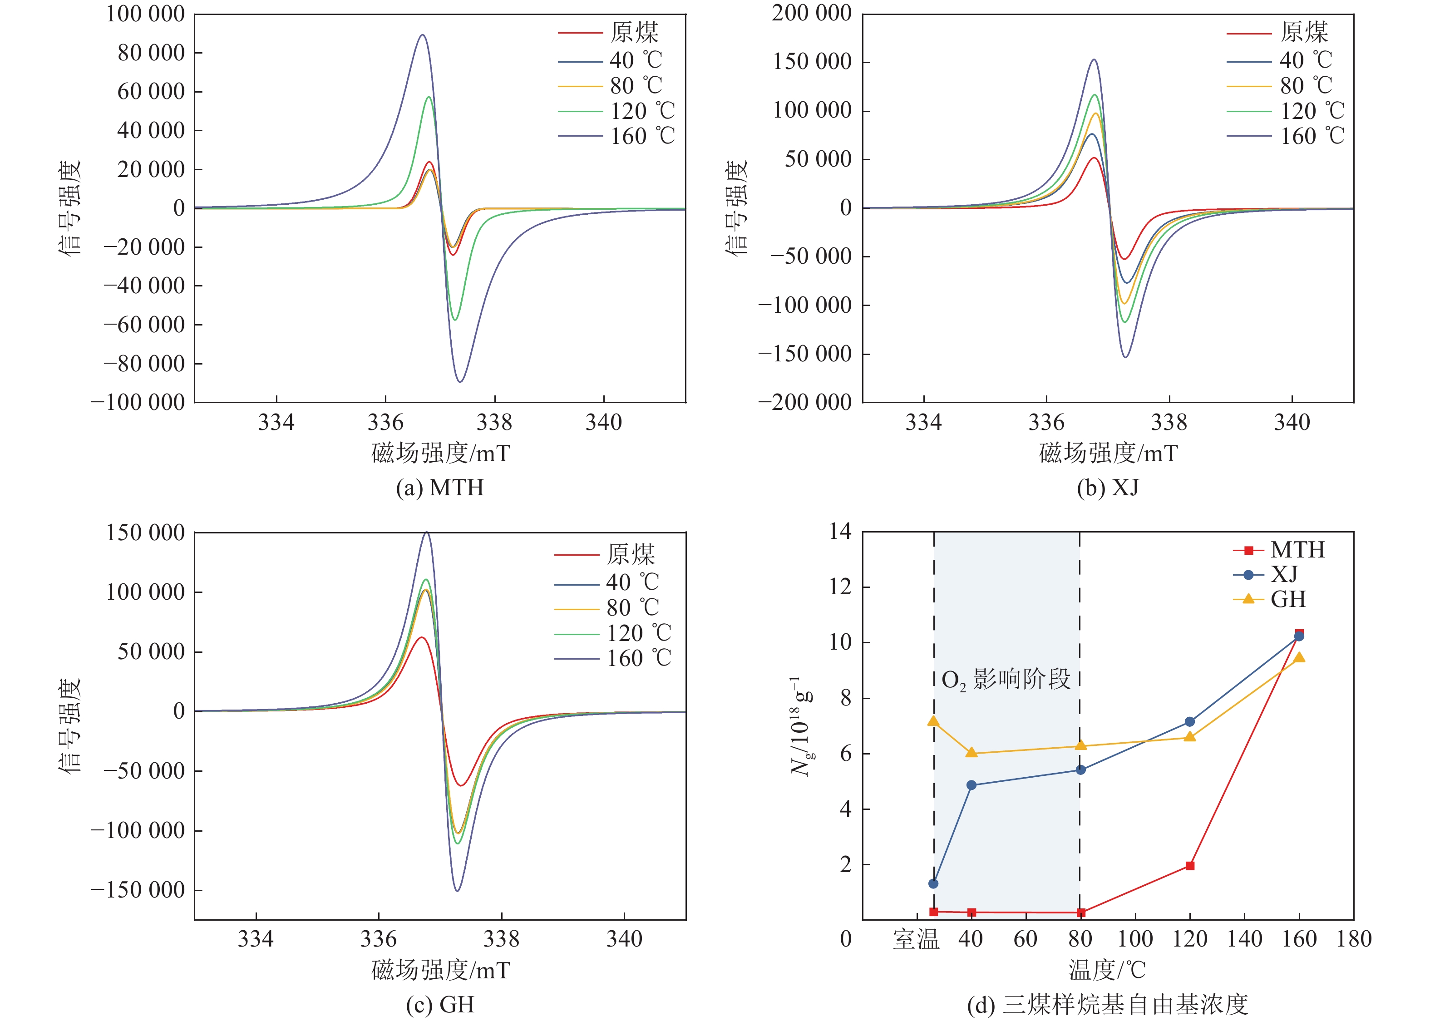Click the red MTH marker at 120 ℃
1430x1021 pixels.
coord(1189,866)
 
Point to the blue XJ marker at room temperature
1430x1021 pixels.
coord(933,883)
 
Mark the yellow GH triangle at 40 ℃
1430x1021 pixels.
coord(971,753)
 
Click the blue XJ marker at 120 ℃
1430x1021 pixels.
coord(1189,722)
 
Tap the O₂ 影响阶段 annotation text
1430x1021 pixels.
coord(1006,680)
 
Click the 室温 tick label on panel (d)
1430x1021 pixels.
coord(916,939)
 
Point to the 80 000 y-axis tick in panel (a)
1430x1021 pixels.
coord(151,53)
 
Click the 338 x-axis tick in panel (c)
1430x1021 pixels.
coord(501,939)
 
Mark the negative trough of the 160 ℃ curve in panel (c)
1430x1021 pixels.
coord(457,890)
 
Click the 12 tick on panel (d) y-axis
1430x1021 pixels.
coord(840,587)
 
